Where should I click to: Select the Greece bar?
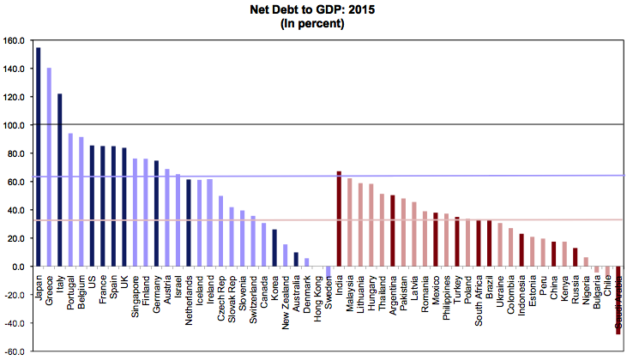point(49,167)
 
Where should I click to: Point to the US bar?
point(92,206)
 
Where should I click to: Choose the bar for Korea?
point(274,248)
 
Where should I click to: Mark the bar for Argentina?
point(393,231)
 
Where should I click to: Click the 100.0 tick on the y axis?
point(15,125)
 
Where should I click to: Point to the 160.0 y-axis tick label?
point(15,40)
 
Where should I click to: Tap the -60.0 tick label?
point(15,351)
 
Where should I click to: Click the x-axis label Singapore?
point(135,295)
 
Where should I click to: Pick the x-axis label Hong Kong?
point(317,297)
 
